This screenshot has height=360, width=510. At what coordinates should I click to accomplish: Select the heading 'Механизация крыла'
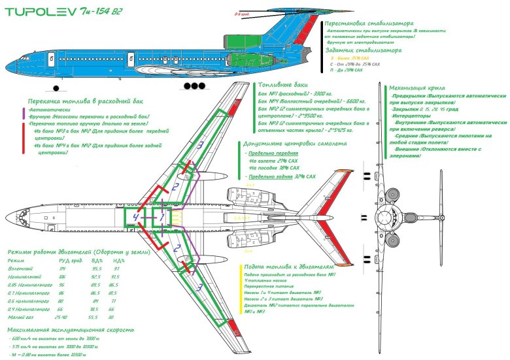[x=418, y=86]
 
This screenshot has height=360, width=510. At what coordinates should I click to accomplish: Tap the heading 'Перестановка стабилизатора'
[x=370, y=23]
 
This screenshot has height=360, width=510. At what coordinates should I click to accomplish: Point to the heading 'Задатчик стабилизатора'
[x=363, y=50]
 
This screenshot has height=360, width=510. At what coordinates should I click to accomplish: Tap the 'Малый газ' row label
[x=19, y=317]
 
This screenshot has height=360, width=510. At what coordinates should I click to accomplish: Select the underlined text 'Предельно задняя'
[x=266, y=177]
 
